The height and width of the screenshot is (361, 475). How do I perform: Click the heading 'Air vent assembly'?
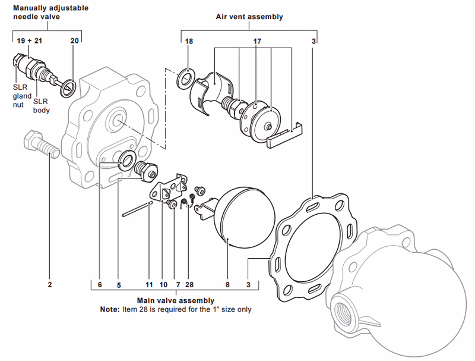coord(249,17)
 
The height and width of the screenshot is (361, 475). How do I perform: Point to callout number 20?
coord(74,41)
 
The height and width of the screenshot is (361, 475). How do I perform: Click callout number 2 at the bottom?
coord(50,285)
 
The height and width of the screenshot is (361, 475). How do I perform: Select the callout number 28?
coord(189,285)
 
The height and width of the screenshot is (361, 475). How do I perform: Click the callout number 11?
coord(149,285)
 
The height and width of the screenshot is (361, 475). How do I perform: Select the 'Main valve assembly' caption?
coord(176,300)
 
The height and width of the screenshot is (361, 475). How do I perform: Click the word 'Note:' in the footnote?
coord(110,309)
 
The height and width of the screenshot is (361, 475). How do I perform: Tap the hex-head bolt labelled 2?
coord(39,145)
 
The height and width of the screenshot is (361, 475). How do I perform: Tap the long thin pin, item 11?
coord(137,209)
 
